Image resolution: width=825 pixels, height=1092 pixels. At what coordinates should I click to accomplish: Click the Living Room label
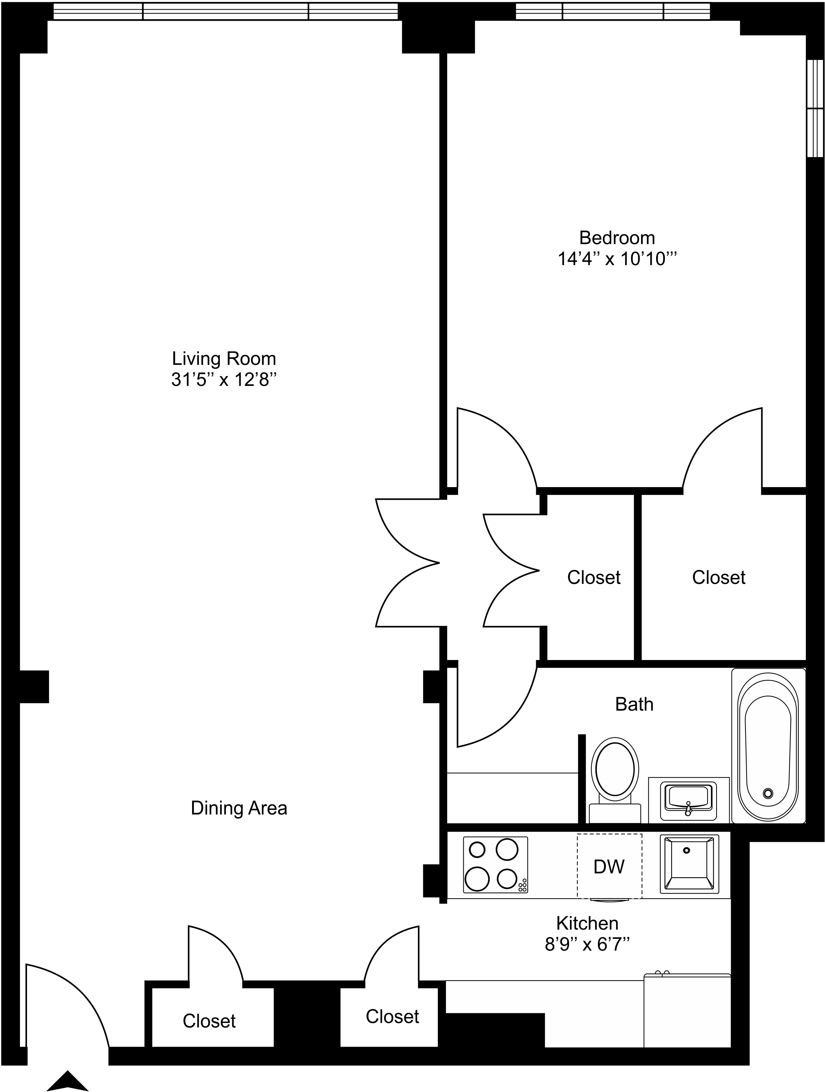point(223,358)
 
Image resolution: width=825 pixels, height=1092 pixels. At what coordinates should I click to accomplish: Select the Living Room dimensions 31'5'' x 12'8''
point(223,379)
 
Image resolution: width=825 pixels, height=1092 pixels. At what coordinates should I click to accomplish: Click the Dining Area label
point(239,808)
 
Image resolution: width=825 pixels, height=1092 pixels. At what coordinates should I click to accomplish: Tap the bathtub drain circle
point(767,793)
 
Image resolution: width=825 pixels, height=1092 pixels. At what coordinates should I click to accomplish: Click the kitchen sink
point(689,864)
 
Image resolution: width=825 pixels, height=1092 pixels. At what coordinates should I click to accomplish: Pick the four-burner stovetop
point(495,864)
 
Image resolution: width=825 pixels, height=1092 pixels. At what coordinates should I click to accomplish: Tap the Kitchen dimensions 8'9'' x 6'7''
point(587,944)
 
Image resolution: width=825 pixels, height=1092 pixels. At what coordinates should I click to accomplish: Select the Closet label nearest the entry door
point(209,1021)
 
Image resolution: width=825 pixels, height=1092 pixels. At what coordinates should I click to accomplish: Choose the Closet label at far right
point(718,577)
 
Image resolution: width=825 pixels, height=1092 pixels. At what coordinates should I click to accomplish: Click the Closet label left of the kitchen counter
point(392,1017)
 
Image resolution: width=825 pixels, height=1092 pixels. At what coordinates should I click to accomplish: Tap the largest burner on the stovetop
point(477,879)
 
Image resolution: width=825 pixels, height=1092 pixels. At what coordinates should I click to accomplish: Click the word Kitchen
point(587,923)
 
